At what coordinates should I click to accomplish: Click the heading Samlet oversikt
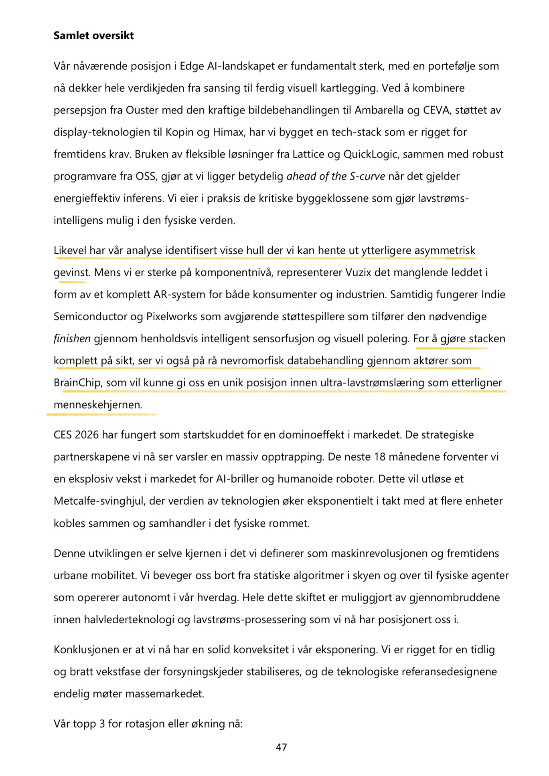[x=93, y=36]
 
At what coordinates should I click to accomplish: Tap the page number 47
[x=281, y=747]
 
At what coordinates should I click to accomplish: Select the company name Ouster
[x=142, y=110]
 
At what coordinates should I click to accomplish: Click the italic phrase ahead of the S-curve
[x=336, y=176]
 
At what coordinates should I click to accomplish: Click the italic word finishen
[x=72, y=339]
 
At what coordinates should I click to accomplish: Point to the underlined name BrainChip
[x=77, y=383]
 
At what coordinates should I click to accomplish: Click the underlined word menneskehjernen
[x=98, y=405]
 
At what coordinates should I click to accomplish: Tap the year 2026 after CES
[x=87, y=435]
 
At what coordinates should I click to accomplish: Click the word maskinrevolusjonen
[x=379, y=554]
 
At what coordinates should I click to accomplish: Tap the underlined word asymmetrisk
[x=445, y=251]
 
